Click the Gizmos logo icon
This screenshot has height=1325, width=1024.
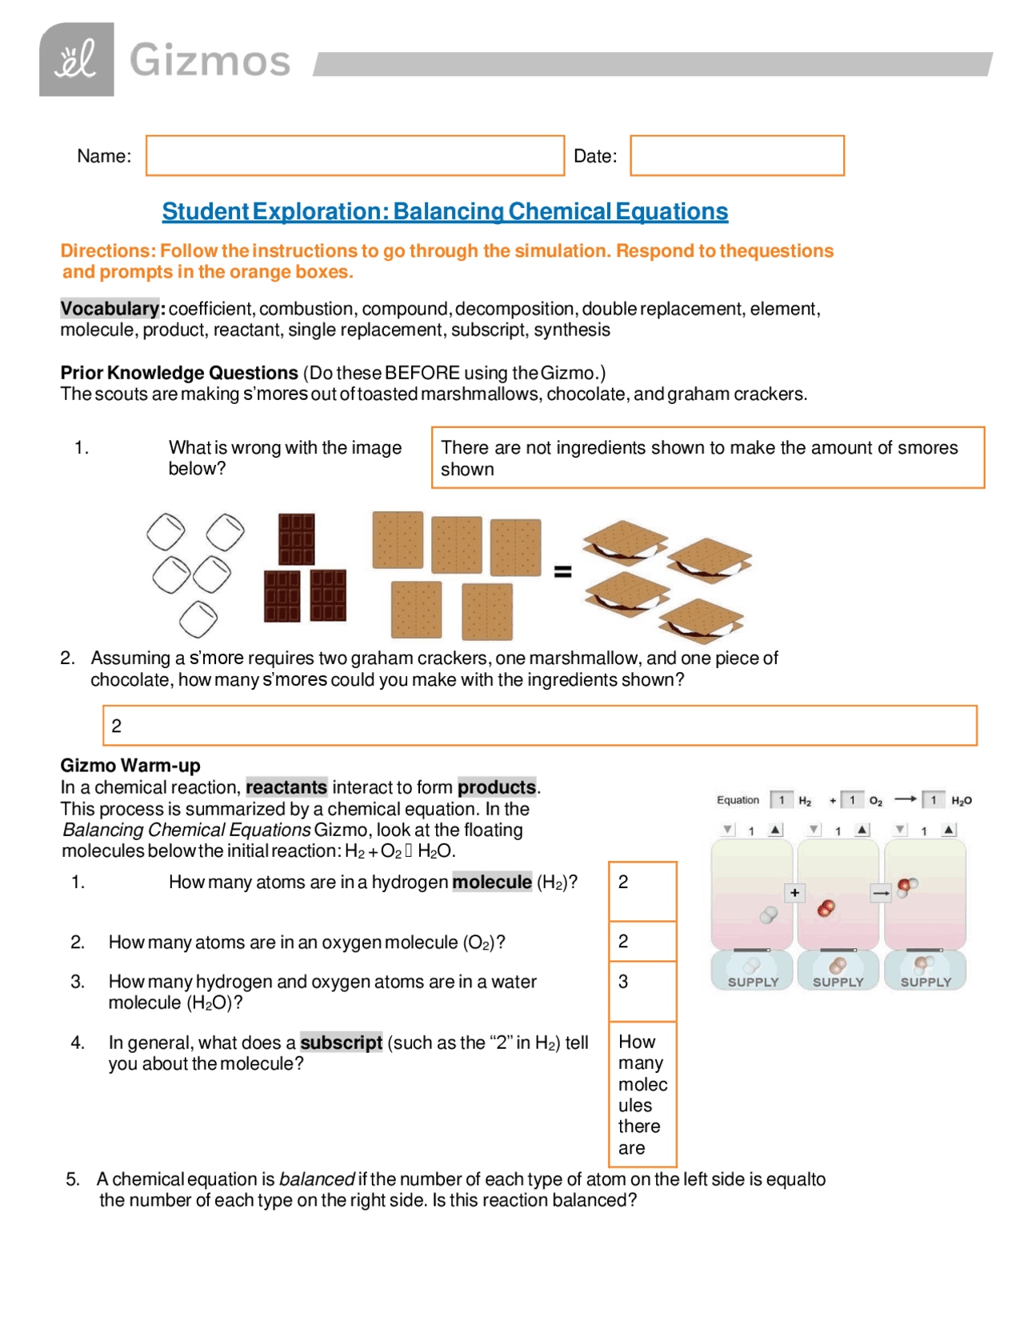coord(76,60)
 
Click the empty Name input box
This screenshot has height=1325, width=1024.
coord(354,155)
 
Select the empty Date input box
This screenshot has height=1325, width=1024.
coord(736,155)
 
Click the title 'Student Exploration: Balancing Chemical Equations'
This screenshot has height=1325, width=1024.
coord(445,211)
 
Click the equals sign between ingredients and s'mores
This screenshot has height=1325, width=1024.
coord(562,571)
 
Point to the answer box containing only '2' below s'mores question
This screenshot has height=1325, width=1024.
coord(539,725)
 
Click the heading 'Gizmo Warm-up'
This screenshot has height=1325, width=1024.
coord(130,765)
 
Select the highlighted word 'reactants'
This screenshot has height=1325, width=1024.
coord(286,787)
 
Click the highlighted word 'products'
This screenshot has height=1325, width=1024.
coord(496,787)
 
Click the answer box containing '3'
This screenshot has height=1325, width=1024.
coord(642,991)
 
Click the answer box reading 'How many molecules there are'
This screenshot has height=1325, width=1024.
coord(642,1094)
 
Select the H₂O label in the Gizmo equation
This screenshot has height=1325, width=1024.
coord(961,800)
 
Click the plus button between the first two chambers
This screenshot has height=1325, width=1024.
coord(794,892)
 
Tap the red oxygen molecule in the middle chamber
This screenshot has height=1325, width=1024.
coord(826,907)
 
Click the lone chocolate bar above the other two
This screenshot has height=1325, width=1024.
coord(296,538)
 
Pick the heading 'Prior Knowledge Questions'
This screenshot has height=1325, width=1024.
coord(179,373)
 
